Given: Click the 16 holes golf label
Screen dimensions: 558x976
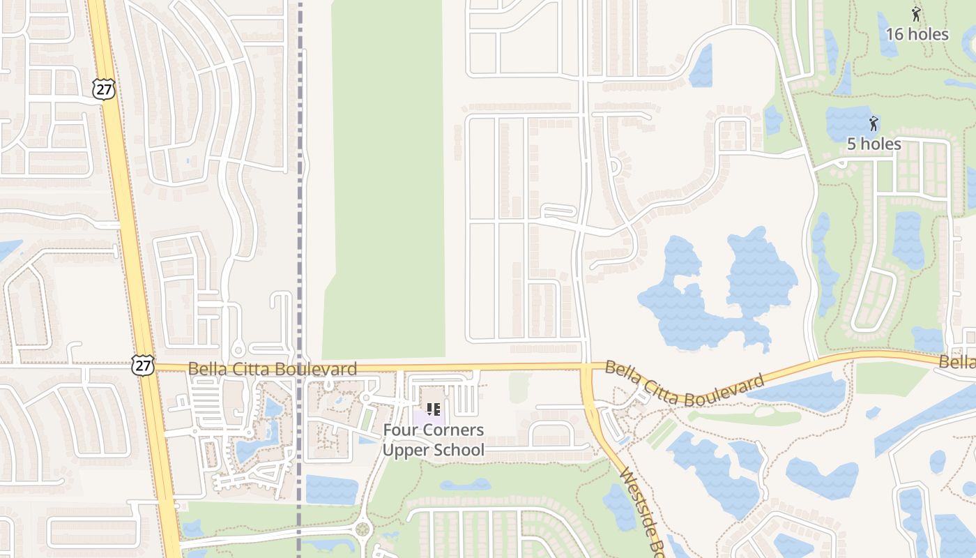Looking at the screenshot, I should pyautogui.click(x=917, y=34).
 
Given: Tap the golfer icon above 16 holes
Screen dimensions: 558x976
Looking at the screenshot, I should pyautogui.click(x=916, y=13).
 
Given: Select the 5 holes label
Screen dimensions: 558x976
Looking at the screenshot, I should pyautogui.click(x=874, y=144).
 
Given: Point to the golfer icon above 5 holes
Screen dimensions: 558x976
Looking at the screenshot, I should pyautogui.click(x=874, y=124).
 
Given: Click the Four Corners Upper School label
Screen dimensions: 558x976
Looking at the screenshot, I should pyautogui.click(x=433, y=440).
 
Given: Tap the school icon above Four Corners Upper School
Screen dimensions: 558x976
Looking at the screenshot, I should pyautogui.click(x=433, y=409).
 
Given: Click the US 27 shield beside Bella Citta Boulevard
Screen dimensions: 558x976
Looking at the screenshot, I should pyautogui.click(x=142, y=365).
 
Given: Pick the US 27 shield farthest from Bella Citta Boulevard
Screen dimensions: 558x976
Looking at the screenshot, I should pyautogui.click(x=103, y=88).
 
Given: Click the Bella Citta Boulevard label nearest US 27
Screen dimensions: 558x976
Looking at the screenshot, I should pyautogui.click(x=273, y=368).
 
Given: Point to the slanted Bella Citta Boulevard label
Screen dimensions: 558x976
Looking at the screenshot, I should pyautogui.click(x=684, y=383).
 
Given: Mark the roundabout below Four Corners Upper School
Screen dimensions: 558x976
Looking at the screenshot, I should pyautogui.click(x=362, y=529).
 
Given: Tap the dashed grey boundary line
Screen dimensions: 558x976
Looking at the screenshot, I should pyautogui.click(x=300, y=209).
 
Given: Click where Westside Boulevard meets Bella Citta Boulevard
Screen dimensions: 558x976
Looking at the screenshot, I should pyautogui.click(x=586, y=368).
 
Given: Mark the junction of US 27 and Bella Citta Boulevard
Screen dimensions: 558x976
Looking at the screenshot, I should pyautogui.click(x=149, y=366).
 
